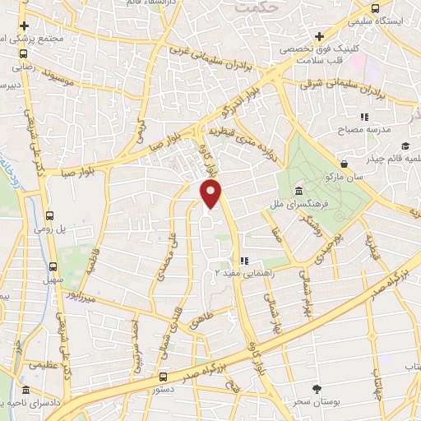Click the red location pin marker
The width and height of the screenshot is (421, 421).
click(x=212, y=194)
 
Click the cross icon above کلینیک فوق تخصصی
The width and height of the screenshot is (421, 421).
click(x=318, y=36)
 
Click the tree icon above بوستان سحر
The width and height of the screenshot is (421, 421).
click(x=317, y=387)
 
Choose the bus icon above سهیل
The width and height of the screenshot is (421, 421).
click(x=53, y=267)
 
